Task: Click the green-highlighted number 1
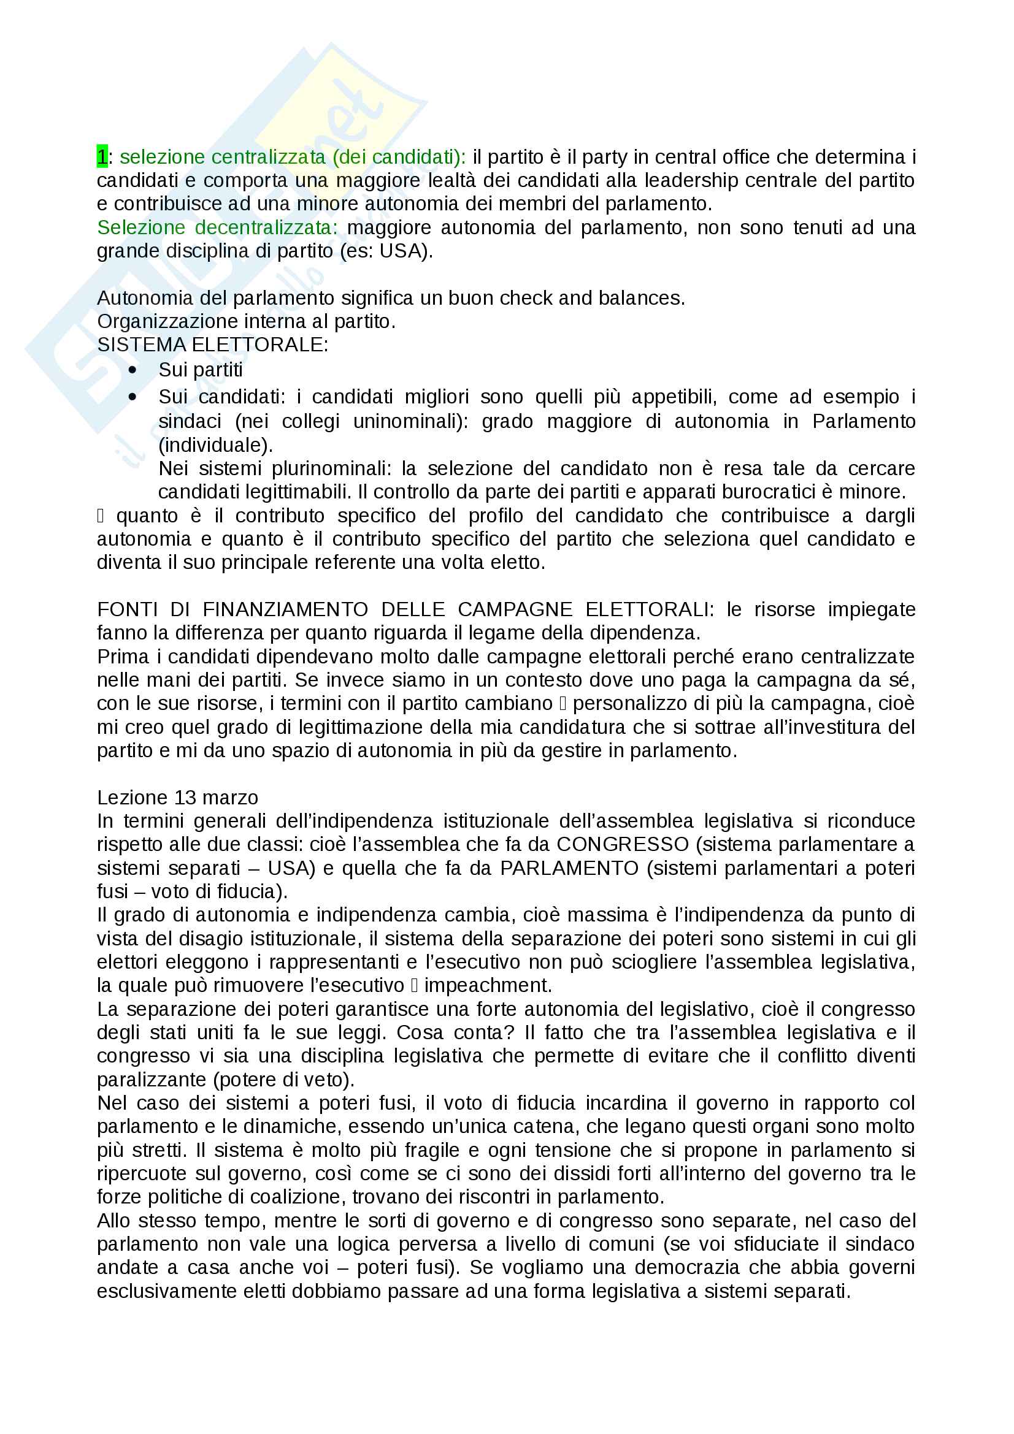[x=102, y=156]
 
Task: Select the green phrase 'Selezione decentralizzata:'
[x=217, y=227]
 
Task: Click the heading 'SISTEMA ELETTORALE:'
[x=212, y=345]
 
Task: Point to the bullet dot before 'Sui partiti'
[x=132, y=370]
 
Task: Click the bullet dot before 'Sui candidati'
[x=132, y=397]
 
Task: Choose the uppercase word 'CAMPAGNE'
[x=515, y=609]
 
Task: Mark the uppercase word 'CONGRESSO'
[x=622, y=844]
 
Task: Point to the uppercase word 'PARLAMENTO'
[x=569, y=868]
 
